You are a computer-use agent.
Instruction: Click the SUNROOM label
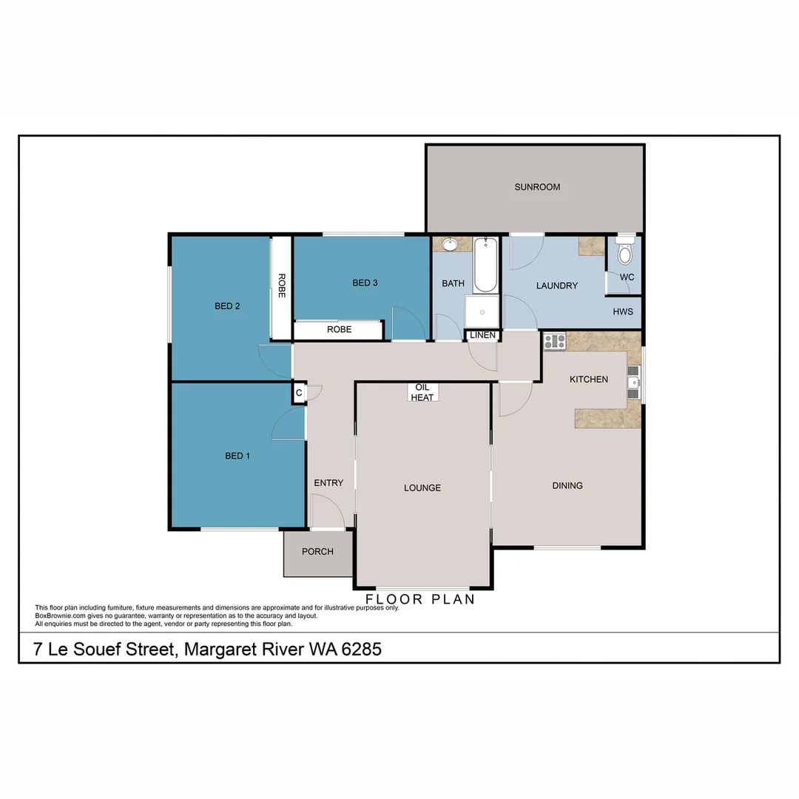(537, 187)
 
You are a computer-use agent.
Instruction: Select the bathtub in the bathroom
(485, 265)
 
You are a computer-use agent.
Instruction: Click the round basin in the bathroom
(449, 243)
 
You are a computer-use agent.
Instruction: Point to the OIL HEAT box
(422, 392)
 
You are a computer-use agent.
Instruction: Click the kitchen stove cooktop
(555, 342)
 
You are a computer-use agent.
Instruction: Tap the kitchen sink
(633, 382)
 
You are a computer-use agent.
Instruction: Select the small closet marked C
(299, 393)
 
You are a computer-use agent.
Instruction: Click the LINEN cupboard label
(482, 335)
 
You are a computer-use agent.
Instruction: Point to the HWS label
(623, 311)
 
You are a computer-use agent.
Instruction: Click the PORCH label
(317, 551)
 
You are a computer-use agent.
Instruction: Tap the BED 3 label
(365, 283)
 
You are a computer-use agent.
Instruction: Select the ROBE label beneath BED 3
(339, 329)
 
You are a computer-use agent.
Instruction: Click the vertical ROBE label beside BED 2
(281, 286)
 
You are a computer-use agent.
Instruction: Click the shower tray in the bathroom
(482, 311)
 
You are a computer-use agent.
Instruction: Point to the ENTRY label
(328, 483)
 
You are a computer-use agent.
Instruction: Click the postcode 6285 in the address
(361, 650)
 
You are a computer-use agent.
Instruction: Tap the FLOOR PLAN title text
(420, 599)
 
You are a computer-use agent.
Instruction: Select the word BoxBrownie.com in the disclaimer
(59, 616)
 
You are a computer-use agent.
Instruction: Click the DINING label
(567, 485)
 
